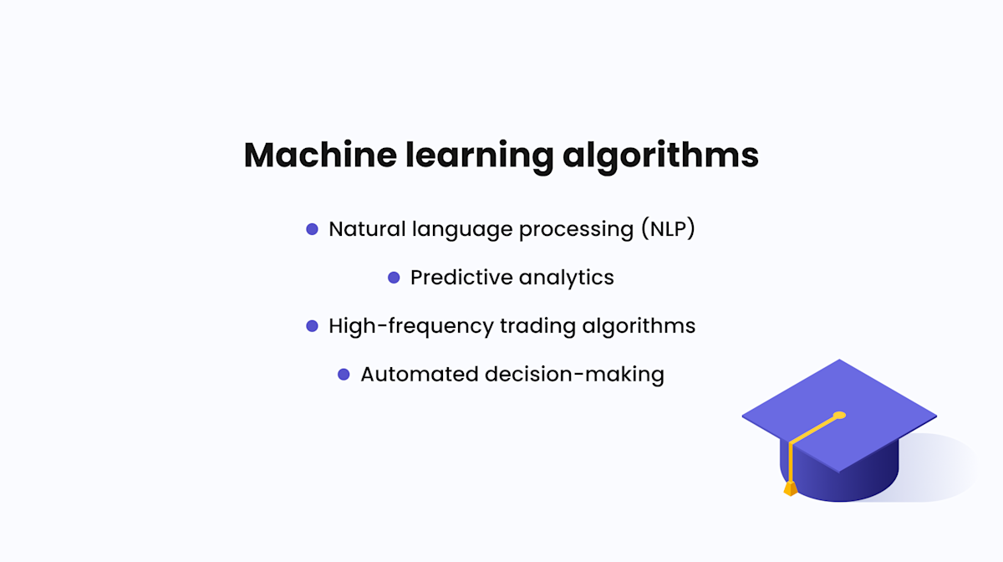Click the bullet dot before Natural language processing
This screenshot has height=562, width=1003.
(x=313, y=229)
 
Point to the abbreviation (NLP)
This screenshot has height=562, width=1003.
(x=669, y=229)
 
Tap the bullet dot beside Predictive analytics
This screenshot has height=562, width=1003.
(x=394, y=278)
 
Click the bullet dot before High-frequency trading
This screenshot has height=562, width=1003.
(x=313, y=326)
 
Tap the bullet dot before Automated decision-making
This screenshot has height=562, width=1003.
(x=344, y=375)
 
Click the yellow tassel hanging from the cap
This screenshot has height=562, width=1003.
(x=790, y=487)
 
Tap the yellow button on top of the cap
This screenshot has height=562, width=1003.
(x=839, y=415)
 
